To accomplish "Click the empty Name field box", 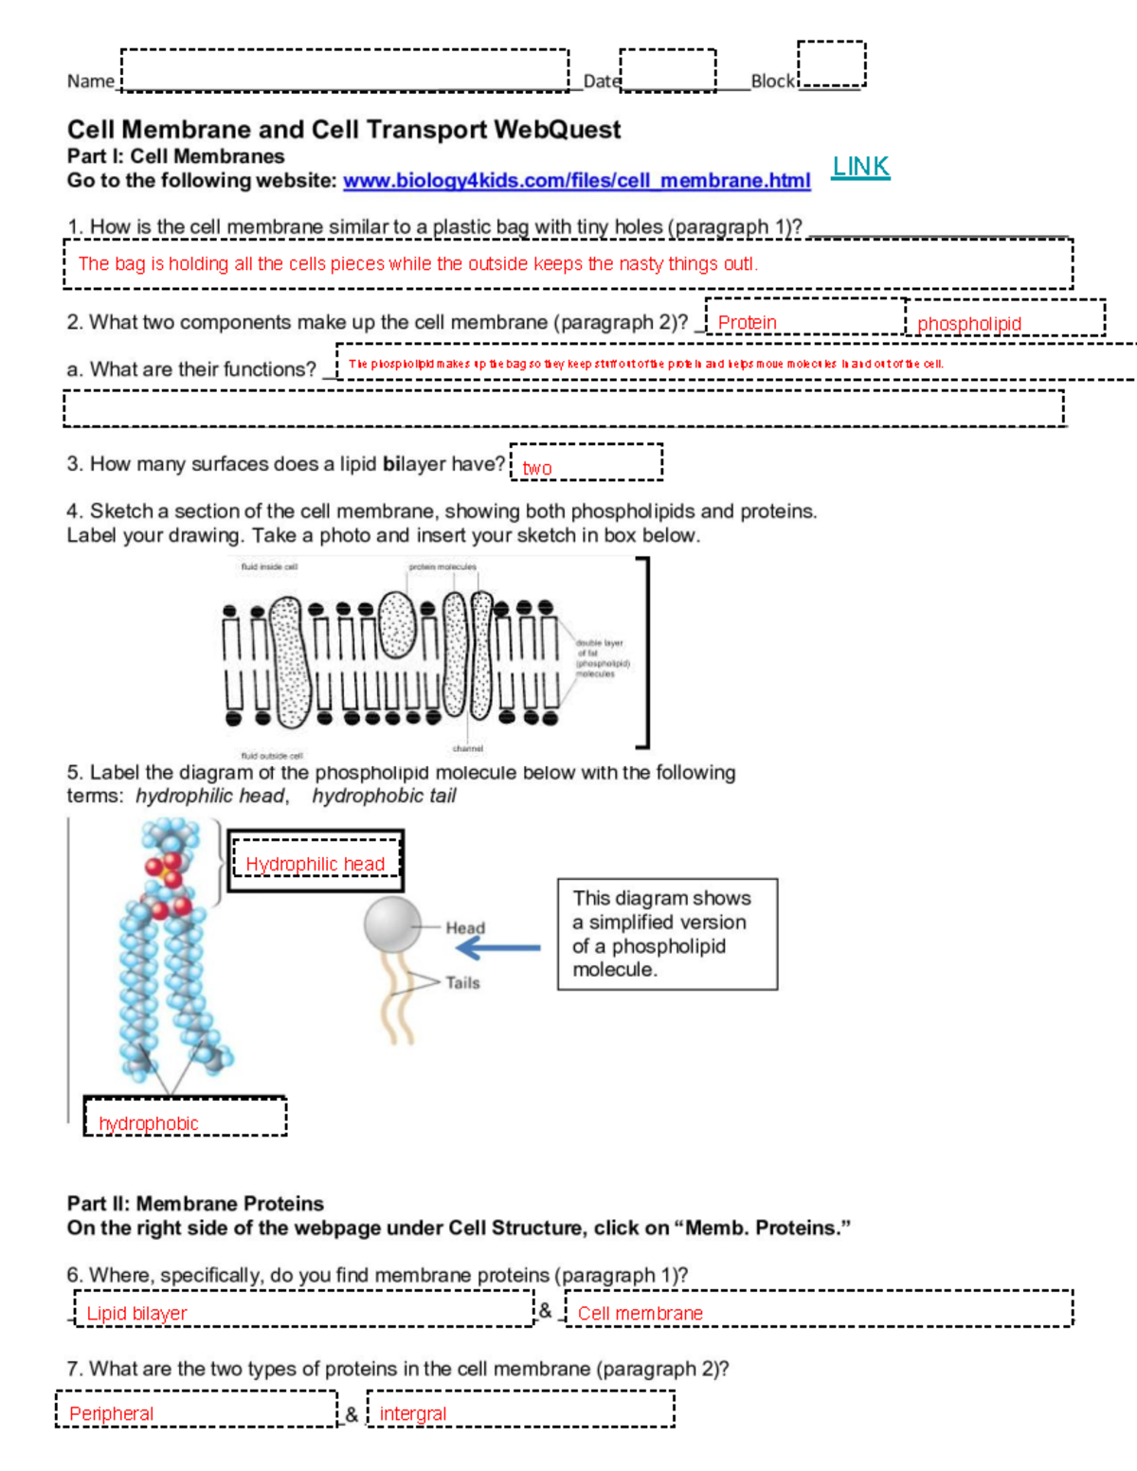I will point(345,70).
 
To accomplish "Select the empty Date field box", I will point(667,70).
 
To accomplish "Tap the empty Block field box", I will point(831,64).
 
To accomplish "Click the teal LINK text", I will point(860,167).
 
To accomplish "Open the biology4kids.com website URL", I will point(576,181).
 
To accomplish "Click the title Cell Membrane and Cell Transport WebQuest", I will point(344,130).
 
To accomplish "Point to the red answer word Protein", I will point(747,323).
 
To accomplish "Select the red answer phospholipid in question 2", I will point(968,324).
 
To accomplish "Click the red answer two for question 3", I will point(537,468).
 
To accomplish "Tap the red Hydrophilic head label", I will point(315,864).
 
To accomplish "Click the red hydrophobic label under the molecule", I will point(149,1123).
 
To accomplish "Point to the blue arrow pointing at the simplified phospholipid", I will point(499,947).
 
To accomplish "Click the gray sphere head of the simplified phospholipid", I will point(392,924).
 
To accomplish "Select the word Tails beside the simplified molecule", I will point(462,983).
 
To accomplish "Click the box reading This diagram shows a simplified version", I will point(667,934).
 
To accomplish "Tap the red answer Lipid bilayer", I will point(136,1314).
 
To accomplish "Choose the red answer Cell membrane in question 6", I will point(641,1314).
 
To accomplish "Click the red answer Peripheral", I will point(111,1414).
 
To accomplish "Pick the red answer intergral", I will point(412,1414).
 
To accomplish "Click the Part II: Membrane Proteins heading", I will point(195,1204).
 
